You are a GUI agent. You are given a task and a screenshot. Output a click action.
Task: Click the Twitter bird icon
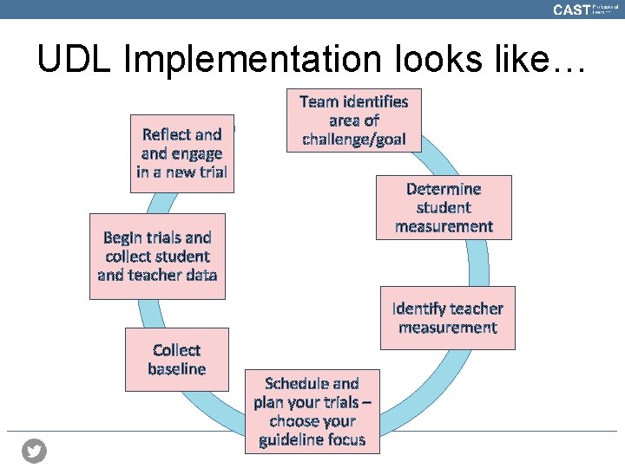[35, 451]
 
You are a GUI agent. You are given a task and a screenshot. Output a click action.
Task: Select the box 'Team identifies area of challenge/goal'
[353, 120]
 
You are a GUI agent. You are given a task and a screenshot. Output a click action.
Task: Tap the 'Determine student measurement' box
[444, 208]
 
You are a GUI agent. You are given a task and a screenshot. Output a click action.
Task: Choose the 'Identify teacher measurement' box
[447, 318]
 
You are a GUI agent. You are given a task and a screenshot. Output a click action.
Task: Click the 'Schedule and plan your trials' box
[312, 412]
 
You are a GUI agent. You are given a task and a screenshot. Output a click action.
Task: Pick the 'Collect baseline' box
[177, 360]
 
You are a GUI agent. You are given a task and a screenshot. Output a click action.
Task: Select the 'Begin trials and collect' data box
[157, 257]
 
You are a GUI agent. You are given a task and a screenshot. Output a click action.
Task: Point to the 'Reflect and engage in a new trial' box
[182, 153]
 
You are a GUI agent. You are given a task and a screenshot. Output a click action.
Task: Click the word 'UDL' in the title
[75, 59]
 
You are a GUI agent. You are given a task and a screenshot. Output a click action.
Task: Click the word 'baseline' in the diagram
[177, 369]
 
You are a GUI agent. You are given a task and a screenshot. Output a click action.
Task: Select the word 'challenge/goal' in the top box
[353, 140]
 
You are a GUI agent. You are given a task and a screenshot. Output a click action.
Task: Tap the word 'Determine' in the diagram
[444, 189]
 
